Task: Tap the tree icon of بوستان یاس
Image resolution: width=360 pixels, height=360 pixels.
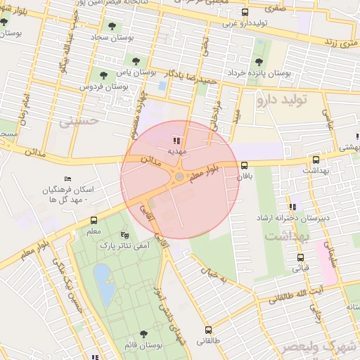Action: [103, 72]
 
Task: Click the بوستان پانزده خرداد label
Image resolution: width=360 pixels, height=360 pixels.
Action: [287, 72]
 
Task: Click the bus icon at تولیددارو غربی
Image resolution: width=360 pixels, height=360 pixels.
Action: [245, 12]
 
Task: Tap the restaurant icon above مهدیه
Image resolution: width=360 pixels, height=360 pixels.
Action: [175, 140]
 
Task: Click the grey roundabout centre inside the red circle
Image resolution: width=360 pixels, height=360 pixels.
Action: [179, 176]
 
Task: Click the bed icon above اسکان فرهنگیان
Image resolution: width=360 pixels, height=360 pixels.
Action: [67, 179]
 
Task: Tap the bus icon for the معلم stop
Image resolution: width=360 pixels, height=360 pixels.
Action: [94, 220]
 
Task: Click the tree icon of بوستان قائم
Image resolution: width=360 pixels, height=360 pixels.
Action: [143, 334]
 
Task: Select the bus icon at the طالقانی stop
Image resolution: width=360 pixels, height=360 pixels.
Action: [208, 329]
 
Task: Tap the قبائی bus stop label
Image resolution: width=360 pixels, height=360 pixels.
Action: [300, 268]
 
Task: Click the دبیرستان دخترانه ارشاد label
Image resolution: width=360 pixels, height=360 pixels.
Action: [299, 219]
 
